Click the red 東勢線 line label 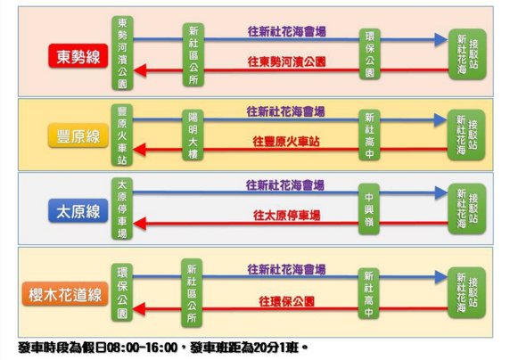pyautogui.click(x=78, y=56)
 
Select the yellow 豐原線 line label pyautogui.click(x=78, y=135)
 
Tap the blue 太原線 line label pyautogui.click(x=78, y=210)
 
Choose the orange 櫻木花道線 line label pyautogui.click(x=65, y=294)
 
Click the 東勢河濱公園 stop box pyautogui.click(x=122, y=53)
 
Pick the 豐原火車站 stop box pyautogui.click(x=122, y=135)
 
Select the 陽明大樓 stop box pyautogui.click(x=193, y=135)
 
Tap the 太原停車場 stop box pyautogui.click(x=122, y=209)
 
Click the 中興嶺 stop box pyautogui.click(x=369, y=209)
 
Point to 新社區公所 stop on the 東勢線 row pyautogui.click(x=193, y=54)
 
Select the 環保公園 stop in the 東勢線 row pyautogui.click(x=370, y=54)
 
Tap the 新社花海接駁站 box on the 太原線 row pyautogui.click(x=467, y=209)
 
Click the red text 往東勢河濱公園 pyautogui.click(x=286, y=61)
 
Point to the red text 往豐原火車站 pyautogui.click(x=286, y=142)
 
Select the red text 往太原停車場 pyautogui.click(x=286, y=216)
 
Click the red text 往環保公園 pyautogui.click(x=286, y=301)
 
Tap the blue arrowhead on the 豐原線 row pyautogui.click(x=440, y=119)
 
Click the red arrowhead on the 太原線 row pyautogui.click(x=139, y=224)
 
